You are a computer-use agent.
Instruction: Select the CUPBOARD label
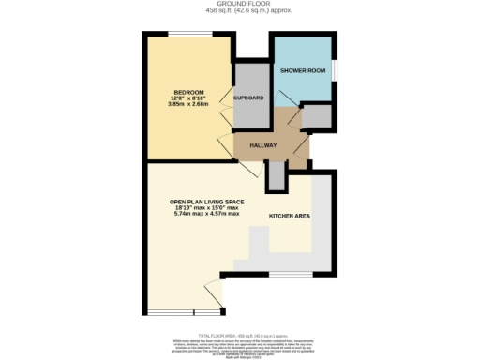tap(249, 97)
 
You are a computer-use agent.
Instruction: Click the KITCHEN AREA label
tap(290, 216)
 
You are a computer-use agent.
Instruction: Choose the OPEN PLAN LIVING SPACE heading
tap(206, 202)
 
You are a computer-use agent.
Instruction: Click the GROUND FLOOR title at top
tap(239, 4)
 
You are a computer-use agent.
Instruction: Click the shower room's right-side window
tap(336, 71)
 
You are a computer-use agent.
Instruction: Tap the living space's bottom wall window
tap(169, 311)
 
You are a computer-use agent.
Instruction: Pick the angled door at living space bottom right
tap(215, 294)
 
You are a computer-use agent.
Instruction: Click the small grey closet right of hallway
tap(319, 116)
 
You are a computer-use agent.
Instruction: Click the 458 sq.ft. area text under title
tap(239, 10)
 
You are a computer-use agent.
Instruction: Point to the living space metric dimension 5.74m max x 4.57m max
tap(206, 215)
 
